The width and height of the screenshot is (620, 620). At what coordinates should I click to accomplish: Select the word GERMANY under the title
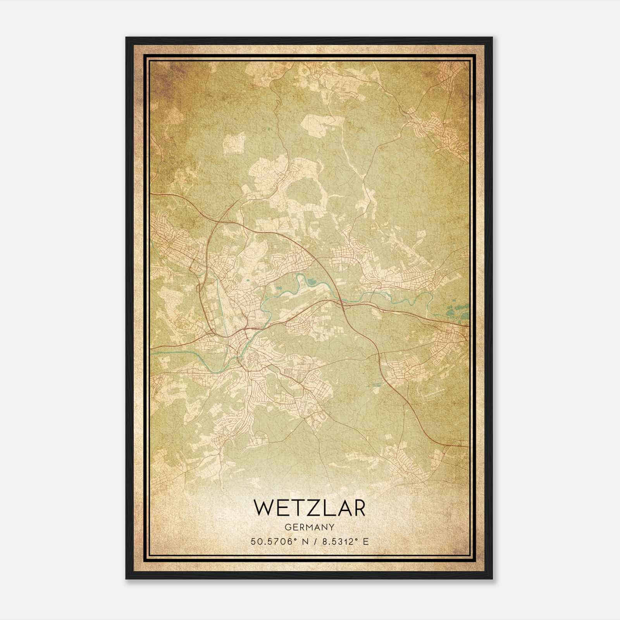point(309,527)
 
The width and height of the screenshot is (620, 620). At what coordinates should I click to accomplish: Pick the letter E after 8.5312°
point(365,541)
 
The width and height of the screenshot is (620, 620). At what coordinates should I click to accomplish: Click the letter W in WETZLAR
point(263,508)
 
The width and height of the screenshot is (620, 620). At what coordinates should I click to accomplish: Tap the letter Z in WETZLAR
point(309,508)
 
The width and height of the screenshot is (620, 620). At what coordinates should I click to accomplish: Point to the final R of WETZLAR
point(358,508)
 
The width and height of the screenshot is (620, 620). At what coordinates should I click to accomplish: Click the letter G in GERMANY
point(287,527)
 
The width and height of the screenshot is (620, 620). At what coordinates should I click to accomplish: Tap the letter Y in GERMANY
point(332,527)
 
